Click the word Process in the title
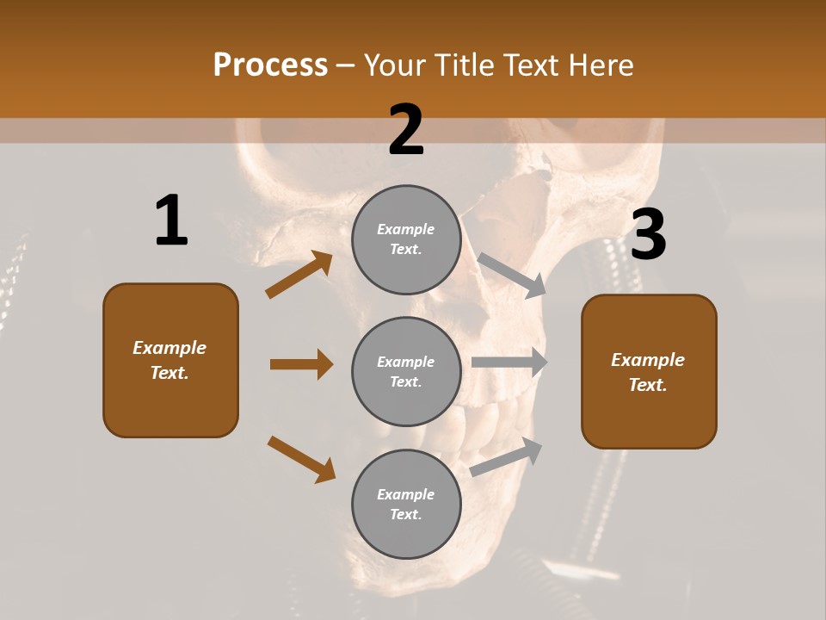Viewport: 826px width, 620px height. pyautogui.click(x=270, y=65)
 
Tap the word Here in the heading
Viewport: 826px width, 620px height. pyautogui.click(x=601, y=65)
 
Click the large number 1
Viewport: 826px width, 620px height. pyautogui.click(x=171, y=221)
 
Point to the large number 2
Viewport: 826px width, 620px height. pyautogui.click(x=406, y=130)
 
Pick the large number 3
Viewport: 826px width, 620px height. pyautogui.click(x=648, y=236)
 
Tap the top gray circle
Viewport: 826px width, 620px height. pyautogui.click(x=406, y=239)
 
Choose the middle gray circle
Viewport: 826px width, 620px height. pyautogui.click(x=406, y=371)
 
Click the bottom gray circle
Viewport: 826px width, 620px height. pyautogui.click(x=406, y=504)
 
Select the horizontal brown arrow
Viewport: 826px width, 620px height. pyautogui.click(x=301, y=364)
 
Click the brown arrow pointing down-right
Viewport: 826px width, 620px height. pyautogui.click(x=302, y=459)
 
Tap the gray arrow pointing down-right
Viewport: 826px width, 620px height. pyautogui.click(x=512, y=275)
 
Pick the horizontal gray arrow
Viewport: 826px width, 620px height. pyautogui.click(x=509, y=363)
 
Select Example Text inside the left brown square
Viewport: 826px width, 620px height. pyautogui.click(x=170, y=360)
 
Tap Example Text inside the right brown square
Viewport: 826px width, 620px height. pyautogui.click(x=648, y=372)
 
